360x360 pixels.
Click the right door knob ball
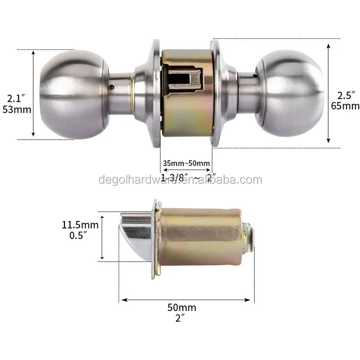point(290,93)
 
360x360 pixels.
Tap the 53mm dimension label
point(17,109)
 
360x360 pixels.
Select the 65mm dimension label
point(345,106)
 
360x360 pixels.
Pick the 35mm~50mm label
point(186,163)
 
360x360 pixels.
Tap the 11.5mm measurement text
point(80,225)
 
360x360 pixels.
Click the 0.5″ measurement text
point(78,236)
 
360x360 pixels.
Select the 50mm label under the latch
point(181,307)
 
